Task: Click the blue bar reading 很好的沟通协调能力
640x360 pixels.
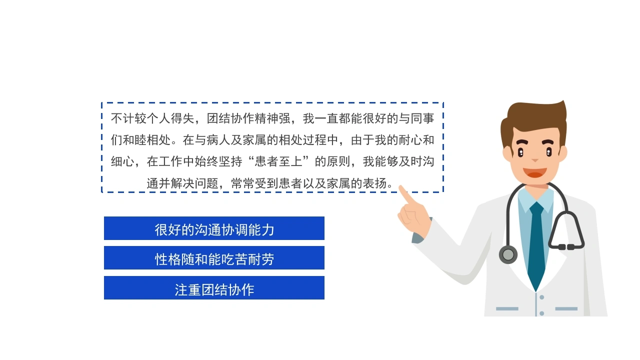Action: click(214, 228)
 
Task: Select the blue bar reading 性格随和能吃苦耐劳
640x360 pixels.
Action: click(214, 257)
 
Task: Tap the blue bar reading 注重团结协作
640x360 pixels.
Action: click(214, 287)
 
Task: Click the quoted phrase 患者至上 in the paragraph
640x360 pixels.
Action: click(278, 161)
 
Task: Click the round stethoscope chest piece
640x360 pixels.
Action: click(508, 254)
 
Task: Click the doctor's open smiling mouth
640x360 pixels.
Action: click(535, 172)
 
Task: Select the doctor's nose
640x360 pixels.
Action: click(535, 159)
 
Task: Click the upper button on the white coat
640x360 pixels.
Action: click(541, 297)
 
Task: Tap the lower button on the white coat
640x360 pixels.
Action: click(541, 313)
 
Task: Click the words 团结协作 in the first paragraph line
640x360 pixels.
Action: click(230, 118)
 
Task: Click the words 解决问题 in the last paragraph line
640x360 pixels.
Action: click(194, 183)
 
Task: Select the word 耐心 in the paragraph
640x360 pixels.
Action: click(410, 140)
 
